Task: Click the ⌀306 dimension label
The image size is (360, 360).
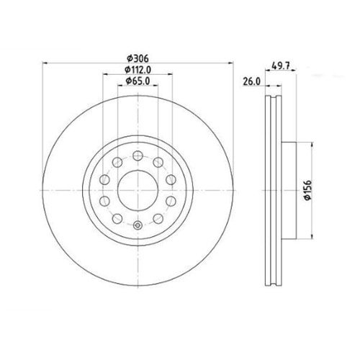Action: [x=138, y=58]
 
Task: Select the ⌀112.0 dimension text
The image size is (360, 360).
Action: [x=138, y=70]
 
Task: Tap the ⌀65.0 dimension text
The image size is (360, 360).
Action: [x=138, y=81]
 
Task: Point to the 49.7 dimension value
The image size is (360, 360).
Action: [x=280, y=66]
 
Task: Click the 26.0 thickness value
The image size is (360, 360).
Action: [x=251, y=81]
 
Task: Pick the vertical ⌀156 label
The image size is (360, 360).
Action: [x=307, y=190]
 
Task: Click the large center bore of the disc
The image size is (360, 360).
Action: [x=138, y=190]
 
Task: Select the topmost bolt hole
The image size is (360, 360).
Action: [x=138, y=156]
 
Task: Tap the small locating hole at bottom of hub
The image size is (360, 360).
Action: [x=138, y=225]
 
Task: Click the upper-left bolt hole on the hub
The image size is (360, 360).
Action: [x=117, y=162]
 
